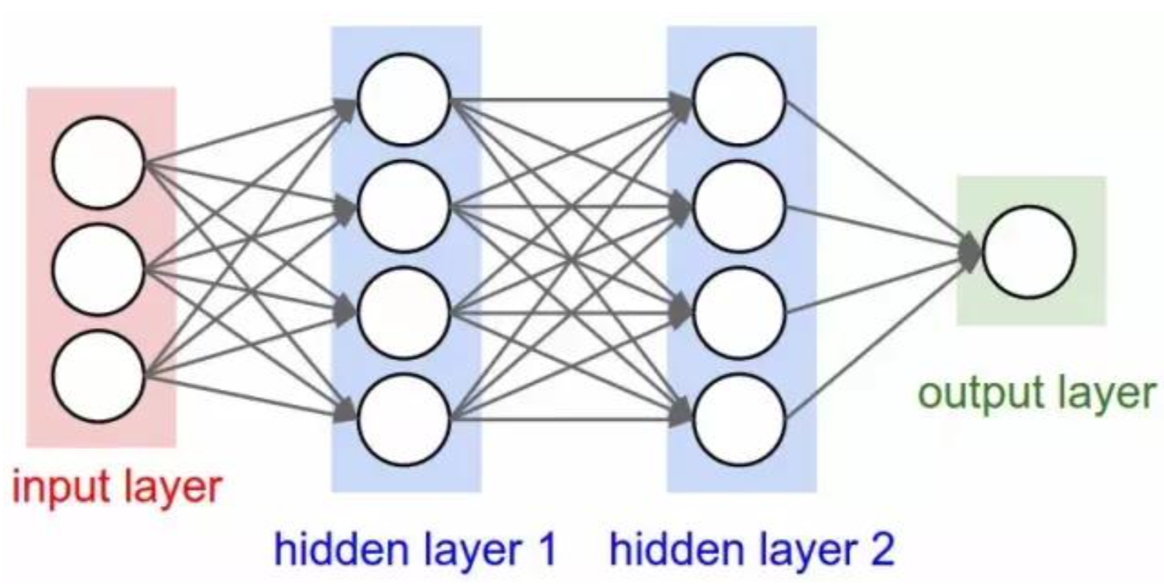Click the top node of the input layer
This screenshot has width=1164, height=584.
(99, 162)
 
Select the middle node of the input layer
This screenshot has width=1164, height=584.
(99, 269)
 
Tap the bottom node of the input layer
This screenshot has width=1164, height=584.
(99, 376)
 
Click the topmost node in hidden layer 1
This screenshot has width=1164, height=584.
(404, 99)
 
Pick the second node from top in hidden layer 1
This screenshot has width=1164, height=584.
(404, 207)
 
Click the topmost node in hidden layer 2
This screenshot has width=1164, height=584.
(739, 99)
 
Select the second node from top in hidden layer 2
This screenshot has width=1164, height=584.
(739, 207)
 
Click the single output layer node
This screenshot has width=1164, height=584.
(1029, 251)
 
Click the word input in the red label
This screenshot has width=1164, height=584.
(59, 487)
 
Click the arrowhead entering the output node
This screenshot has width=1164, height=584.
(971, 251)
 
